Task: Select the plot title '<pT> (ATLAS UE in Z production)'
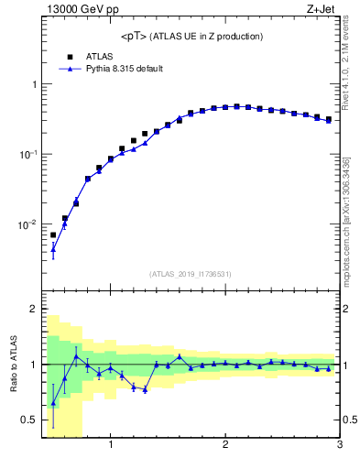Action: tap(191, 37)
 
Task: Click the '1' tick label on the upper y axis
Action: tap(34, 84)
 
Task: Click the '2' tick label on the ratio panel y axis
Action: tap(34, 310)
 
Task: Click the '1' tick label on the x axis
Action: tap(111, 446)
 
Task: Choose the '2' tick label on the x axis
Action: tap(225, 446)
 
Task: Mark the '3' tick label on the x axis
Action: tap(339, 446)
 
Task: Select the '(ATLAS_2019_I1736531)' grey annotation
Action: tap(191, 274)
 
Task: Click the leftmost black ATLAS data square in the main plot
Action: tap(53, 234)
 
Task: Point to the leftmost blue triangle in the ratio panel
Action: tap(53, 403)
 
